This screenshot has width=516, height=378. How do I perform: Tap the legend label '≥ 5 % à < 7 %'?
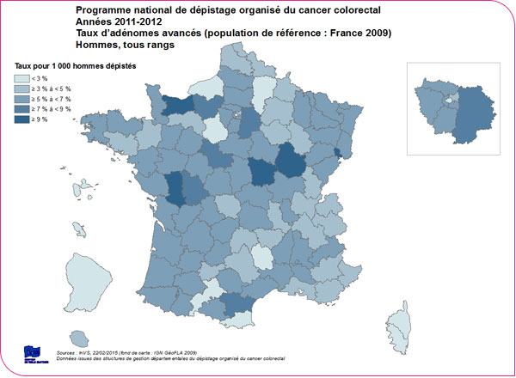click(x=55, y=100)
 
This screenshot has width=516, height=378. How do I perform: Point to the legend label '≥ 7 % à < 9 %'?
click(x=55, y=110)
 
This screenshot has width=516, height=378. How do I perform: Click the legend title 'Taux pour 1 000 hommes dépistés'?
click(x=72, y=65)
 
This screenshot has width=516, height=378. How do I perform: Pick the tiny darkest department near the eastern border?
click(x=336, y=153)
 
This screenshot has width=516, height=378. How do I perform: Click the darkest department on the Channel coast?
click(x=177, y=105)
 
